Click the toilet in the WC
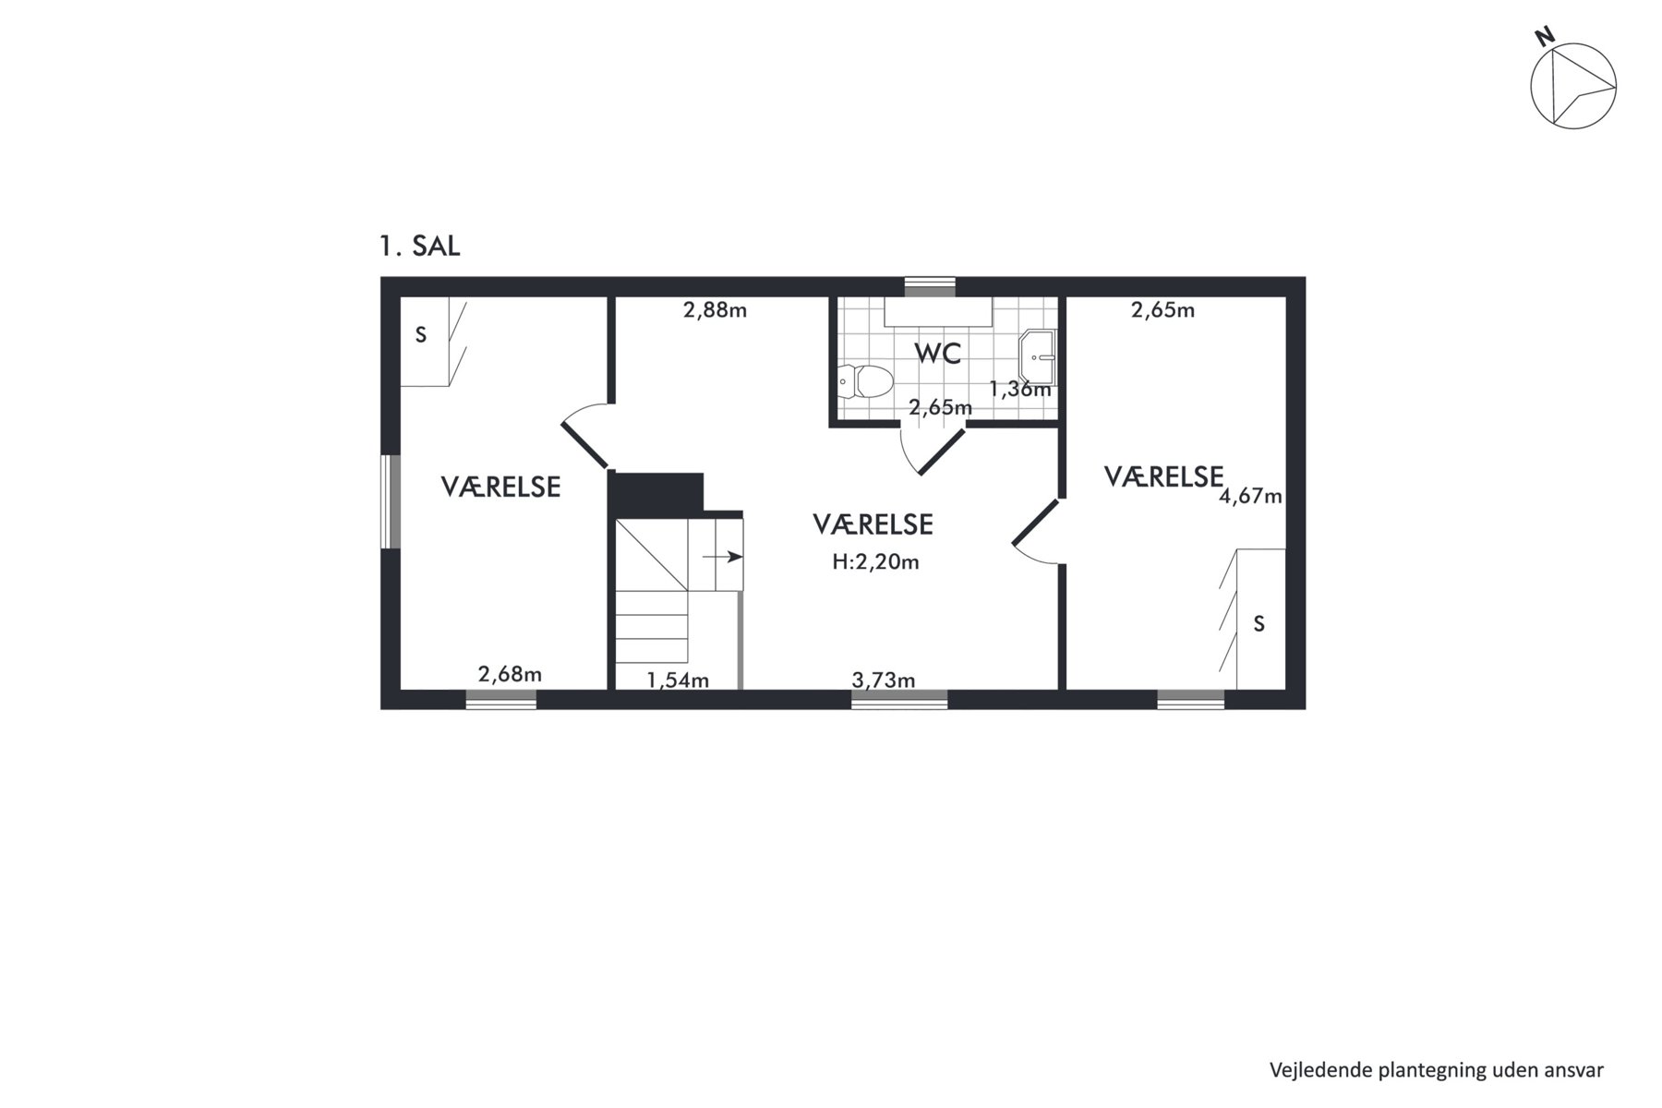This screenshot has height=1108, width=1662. point(865,381)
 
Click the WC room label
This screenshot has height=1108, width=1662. point(938,353)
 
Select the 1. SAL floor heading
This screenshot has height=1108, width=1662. point(419,247)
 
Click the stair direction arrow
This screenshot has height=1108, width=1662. point(723,557)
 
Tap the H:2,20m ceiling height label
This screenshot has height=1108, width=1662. point(875,561)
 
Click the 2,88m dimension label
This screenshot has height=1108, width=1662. point(715,310)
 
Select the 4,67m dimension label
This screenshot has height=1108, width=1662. point(1251,497)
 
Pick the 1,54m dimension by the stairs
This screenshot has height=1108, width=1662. point(678,680)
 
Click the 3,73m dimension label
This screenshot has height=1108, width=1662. point(884,680)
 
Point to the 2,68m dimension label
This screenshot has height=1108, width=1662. point(510,674)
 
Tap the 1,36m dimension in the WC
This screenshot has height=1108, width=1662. point(1020,389)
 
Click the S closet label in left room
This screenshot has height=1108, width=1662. point(421,335)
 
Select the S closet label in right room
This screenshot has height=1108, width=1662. point(1259,624)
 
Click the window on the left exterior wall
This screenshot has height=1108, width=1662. point(391,501)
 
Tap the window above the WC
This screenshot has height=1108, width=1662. point(930,287)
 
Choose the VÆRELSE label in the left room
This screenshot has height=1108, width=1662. point(500,487)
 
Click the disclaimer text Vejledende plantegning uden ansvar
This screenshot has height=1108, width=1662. point(1436,1070)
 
